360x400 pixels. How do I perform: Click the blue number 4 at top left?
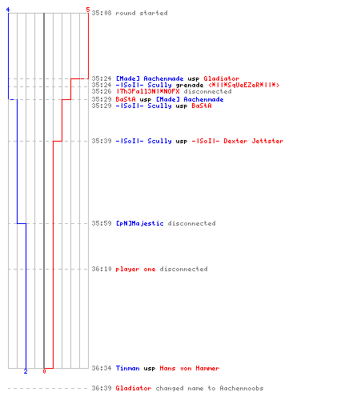click(8, 10)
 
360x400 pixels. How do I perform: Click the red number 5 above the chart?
click(88, 10)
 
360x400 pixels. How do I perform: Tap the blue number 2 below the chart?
click(26, 371)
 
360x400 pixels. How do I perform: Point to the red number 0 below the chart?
click(44, 371)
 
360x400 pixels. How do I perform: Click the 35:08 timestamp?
click(102, 13)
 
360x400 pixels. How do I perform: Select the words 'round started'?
click(142, 13)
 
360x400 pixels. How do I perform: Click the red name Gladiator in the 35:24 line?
click(222, 78)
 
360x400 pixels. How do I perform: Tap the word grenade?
click(190, 86)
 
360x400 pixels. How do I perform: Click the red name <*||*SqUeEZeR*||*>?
click(244, 85)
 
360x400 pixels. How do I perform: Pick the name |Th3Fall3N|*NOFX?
click(147, 91)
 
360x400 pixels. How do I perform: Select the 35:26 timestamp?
click(102, 91)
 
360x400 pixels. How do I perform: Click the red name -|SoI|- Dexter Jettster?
click(238, 141)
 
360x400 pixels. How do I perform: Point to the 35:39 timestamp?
click(102, 141)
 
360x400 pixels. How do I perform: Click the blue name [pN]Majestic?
click(139, 223)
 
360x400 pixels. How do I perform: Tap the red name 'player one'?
click(135, 269)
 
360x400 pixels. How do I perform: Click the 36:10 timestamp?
click(102, 269)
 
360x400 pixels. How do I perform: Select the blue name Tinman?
click(127, 368)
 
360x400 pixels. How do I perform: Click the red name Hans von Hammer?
click(190, 368)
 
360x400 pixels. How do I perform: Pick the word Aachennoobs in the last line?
click(242, 388)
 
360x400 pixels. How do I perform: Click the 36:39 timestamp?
click(102, 388)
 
